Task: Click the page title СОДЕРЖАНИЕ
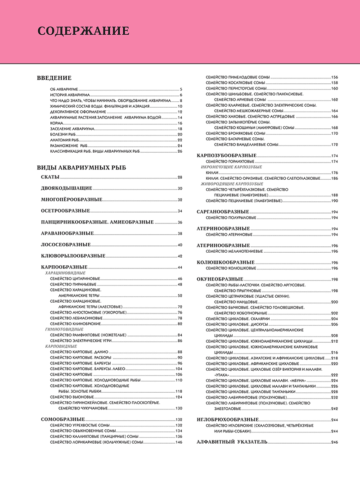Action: click(x=83, y=31)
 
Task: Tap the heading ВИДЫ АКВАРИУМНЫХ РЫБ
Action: click(x=81, y=168)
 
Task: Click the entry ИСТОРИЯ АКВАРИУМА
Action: click(x=70, y=95)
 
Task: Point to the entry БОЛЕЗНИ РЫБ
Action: click(x=63, y=134)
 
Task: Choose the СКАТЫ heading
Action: click(x=50, y=177)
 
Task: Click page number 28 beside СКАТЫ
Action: click(x=180, y=177)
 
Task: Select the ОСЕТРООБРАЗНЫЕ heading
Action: click(x=65, y=211)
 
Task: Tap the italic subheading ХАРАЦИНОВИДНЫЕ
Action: click(x=65, y=273)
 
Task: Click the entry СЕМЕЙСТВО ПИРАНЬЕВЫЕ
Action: click(x=73, y=284)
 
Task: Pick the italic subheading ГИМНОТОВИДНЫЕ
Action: click(x=64, y=329)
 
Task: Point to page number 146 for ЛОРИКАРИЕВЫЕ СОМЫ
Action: click(x=179, y=442)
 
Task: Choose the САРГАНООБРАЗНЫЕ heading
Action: click(x=223, y=211)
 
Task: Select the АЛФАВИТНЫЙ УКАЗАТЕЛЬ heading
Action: click(x=232, y=442)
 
